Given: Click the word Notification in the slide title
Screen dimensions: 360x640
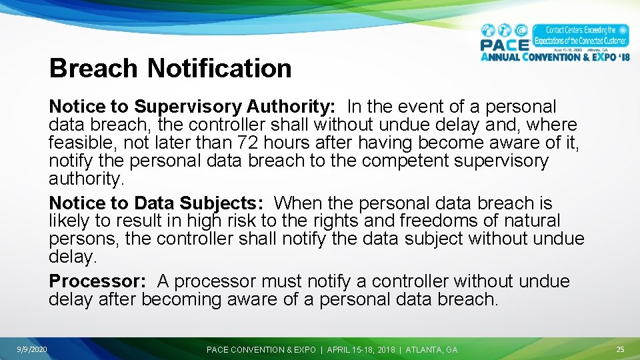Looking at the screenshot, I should click(x=219, y=68).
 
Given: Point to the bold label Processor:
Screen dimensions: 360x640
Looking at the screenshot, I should click(x=97, y=281).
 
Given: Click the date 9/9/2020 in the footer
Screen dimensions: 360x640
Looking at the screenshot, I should click(x=33, y=349).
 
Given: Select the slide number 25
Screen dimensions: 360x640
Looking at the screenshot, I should click(x=620, y=349).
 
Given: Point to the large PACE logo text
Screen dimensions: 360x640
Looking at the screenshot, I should click(x=505, y=45).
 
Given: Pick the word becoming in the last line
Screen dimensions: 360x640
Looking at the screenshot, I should click(x=183, y=299).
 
